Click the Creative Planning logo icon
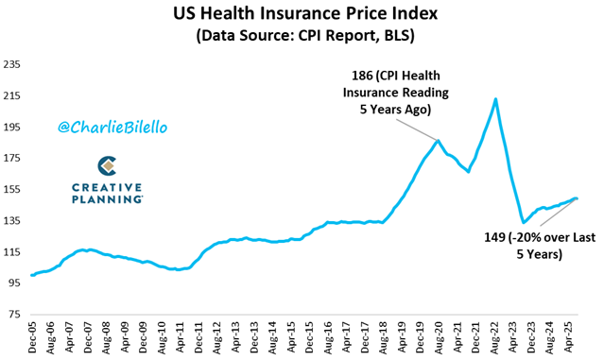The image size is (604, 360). click(107, 166)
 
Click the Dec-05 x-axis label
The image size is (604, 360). click(34, 337)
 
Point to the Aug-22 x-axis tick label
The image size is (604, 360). click(494, 337)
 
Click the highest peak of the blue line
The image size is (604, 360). click(495, 99)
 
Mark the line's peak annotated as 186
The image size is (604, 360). click(438, 141)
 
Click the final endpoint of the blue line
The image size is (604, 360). click(577, 198)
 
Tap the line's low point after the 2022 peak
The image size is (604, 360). click(523, 222)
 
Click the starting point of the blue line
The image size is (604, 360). click(32, 275)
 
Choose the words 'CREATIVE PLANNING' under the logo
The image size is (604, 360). click(107, 193)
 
